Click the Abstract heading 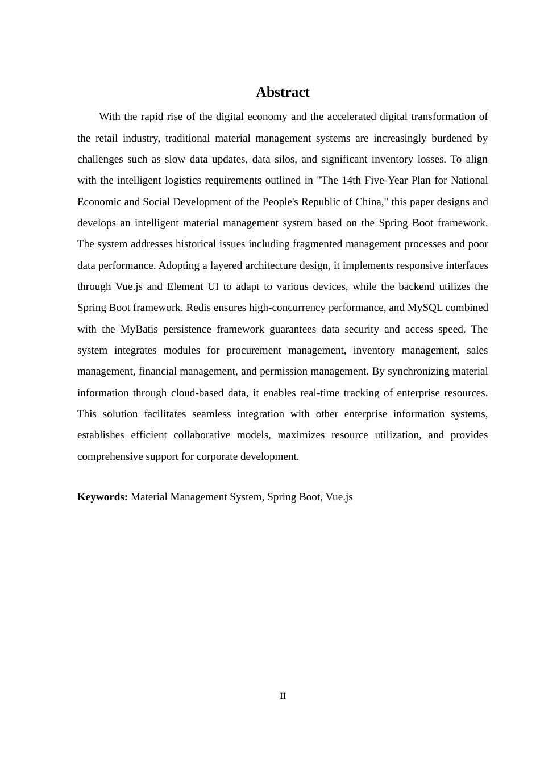[x=283, y=92]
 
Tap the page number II [x=283, y=696]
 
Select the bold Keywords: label [x=102, y=497]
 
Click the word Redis [x=198, y=308]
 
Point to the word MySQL [x=425, y=308]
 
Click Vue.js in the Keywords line [x=339, y=497]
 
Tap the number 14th [x=356, y=180]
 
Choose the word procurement [x=254, y=350]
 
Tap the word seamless [x=211, y=414]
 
